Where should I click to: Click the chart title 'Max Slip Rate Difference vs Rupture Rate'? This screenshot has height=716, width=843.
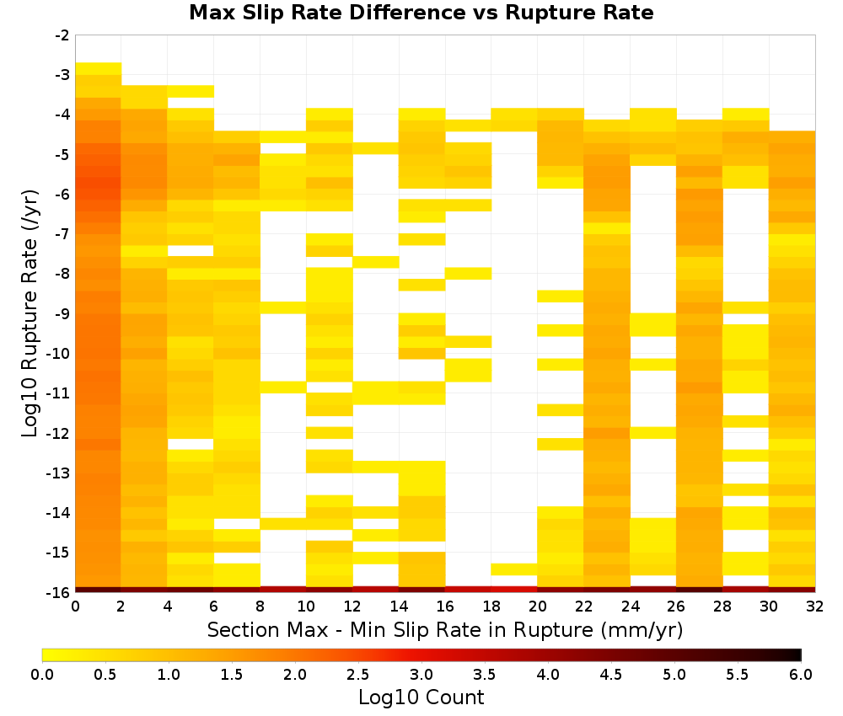421,13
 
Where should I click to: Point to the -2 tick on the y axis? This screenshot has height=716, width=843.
62,35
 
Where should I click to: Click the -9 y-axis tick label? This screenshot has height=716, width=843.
62,313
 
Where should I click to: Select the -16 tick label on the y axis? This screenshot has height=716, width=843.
59,592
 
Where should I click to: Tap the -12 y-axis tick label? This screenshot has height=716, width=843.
59,433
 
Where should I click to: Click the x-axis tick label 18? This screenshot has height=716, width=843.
491,606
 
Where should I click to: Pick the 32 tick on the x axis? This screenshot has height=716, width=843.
815,606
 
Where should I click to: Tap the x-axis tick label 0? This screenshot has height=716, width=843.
75,606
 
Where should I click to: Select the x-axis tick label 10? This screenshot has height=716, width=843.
307,606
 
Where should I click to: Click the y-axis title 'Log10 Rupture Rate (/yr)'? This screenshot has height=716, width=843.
30,313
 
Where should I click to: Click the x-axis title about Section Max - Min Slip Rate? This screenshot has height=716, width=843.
445,629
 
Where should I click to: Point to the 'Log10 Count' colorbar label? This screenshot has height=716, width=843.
421,697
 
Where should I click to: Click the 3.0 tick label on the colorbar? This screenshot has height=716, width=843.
421,675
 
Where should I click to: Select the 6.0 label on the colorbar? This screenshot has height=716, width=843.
801,675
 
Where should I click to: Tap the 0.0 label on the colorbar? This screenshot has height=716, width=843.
42,675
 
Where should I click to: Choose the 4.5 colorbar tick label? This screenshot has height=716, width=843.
610,675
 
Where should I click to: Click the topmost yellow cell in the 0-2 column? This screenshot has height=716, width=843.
99,69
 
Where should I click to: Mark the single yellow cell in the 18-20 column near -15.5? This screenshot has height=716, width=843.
514,569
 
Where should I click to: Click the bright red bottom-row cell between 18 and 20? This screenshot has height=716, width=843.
514,590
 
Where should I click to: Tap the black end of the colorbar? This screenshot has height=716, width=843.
797,655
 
